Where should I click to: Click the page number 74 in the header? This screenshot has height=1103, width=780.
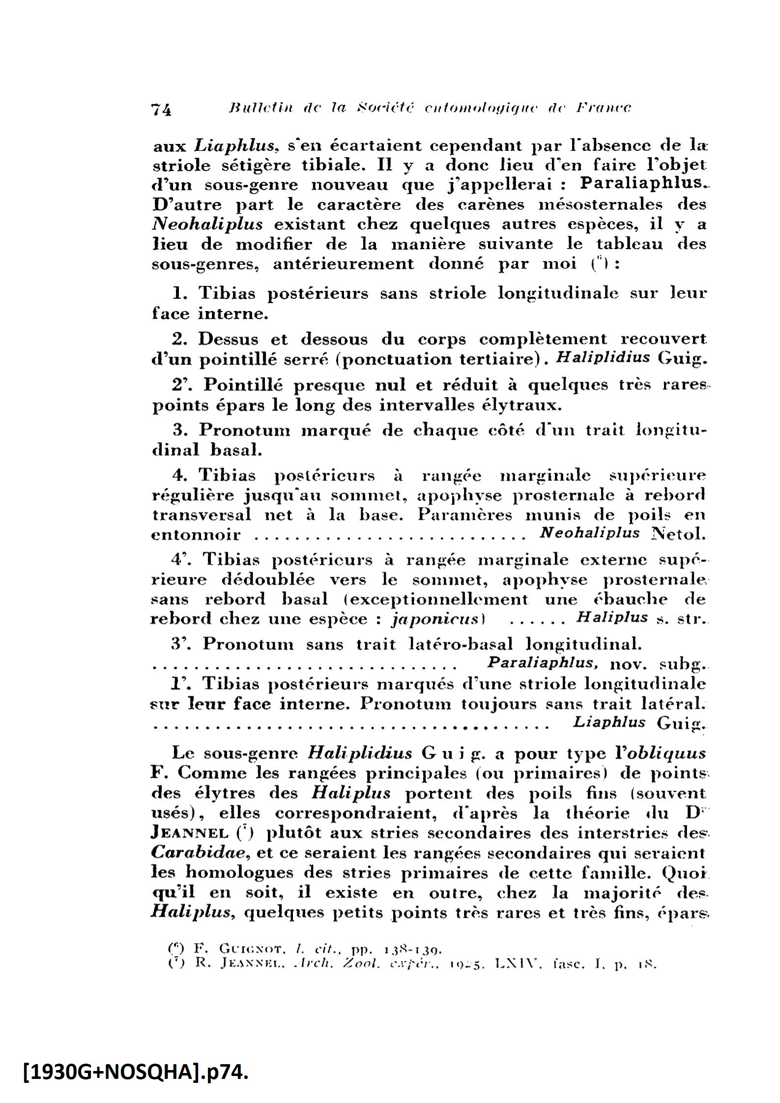pos(161,109)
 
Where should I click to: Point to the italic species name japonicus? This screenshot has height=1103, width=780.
pos(434,618)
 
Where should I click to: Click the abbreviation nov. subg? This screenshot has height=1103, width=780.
pos(657,665)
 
